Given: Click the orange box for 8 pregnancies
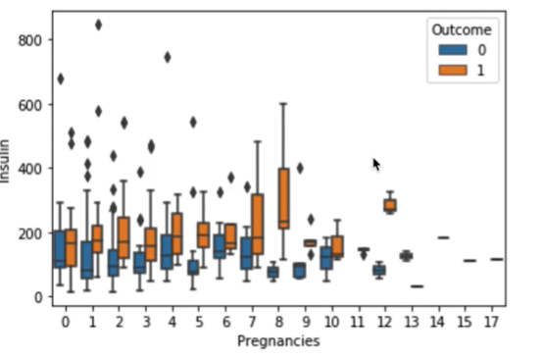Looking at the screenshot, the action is pos(284,198).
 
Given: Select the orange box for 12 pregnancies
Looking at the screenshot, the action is pos(390,205).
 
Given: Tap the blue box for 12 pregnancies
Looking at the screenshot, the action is pos(379,270).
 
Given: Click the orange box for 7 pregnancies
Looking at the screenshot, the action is pos(257,224).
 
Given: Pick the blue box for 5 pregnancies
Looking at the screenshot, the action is pos(193,268).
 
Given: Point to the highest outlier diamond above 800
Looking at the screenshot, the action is pos(99,25).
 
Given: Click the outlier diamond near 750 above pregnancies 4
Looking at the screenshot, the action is pos(168,57).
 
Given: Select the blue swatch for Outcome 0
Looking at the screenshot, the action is pos(453,50).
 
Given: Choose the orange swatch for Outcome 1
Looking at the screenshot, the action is pos(453,70).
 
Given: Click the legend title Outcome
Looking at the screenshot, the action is pos(462,30).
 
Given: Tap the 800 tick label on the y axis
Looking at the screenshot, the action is pos(29,40).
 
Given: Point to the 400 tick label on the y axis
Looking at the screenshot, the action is pos(29,169).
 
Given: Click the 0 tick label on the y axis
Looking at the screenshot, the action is pos(38,297).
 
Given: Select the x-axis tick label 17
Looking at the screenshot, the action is pos(492,322).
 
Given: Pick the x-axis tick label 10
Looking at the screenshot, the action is pos(332,322).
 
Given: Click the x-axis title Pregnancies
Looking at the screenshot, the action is pos(278,341).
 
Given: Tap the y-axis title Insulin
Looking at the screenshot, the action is pos(5,161).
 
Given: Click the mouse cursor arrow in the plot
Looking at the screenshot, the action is pos(376,165).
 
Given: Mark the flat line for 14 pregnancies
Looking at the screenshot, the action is pos(443,237).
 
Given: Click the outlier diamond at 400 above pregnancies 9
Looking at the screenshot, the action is pos(301,169).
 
